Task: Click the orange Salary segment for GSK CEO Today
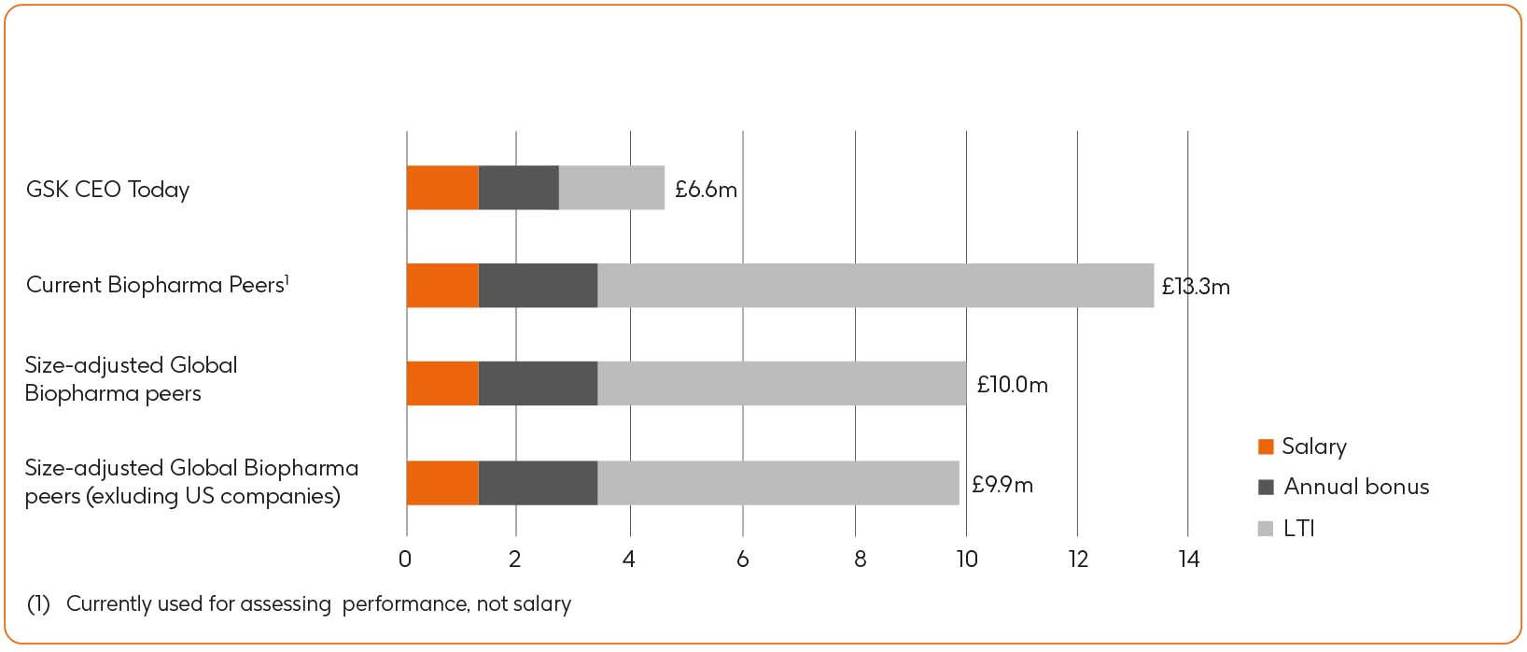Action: (442, 188)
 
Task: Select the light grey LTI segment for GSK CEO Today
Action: (611, 188)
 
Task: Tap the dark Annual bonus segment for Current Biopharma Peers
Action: (538, 286)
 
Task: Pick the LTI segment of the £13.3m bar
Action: (875, 286)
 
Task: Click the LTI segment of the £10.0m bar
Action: (781, 384)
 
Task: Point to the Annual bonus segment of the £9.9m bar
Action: (538, 483)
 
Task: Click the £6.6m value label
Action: (706, 190)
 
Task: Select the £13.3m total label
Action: (1196, 287)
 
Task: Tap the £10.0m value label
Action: (1012, 385)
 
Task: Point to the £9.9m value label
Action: (1002, 485)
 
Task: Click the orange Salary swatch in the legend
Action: (1266, 446)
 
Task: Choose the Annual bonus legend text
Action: (1356, 487)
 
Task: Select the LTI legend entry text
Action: (1298, 529)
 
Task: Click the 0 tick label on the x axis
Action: (405, 560)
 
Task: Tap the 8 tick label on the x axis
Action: (860, 560)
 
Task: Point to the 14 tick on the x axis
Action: (1188, 560)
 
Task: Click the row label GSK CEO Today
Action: (107, 190)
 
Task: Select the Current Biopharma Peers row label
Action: (157, 285)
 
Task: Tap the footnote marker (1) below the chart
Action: (38, 604)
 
